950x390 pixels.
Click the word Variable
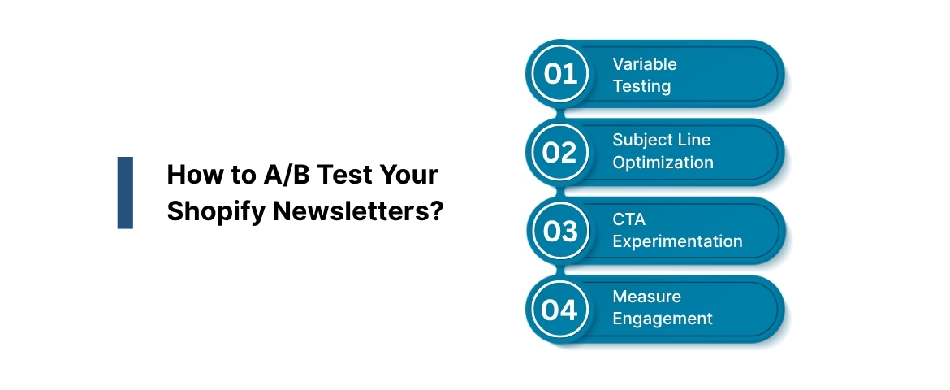(x=645, y=64)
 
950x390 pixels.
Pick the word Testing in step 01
(x=641, y=85)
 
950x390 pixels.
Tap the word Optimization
(x=663, y=162)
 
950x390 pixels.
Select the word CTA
(x=628, y=219)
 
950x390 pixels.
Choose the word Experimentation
(x=677, y=241)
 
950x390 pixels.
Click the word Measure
(x=647, y=297)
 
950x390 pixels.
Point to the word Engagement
(x=663, y=318)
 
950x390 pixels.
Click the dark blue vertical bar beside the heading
(x=125, y=193)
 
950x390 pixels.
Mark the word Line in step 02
(x=694, y=141)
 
